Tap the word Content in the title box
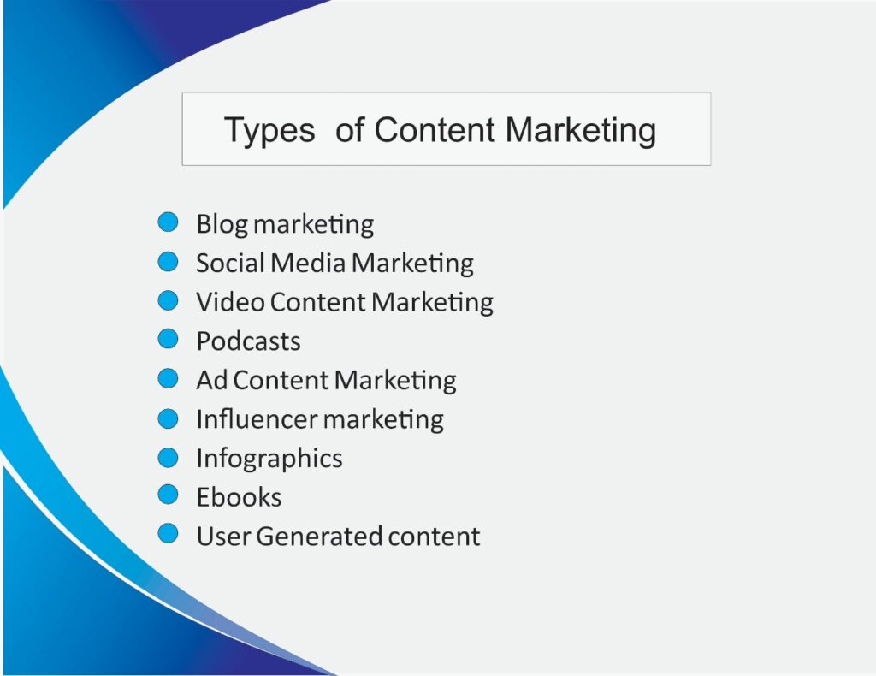point(435,129)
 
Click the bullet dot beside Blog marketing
point(168,222)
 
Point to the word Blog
point(222,225)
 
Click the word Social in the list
point(230,263)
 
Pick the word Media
point(309,263)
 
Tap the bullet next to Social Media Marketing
point(168,262)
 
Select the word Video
point(231,302)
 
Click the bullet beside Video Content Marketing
point(168,300)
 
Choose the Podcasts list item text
point(249,341)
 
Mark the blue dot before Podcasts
point(168,339)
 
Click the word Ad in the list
point(212,380)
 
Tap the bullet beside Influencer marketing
point(168,418)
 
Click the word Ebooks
point(240,496)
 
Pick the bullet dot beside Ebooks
point(168,495)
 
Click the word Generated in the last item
point(319,537)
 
